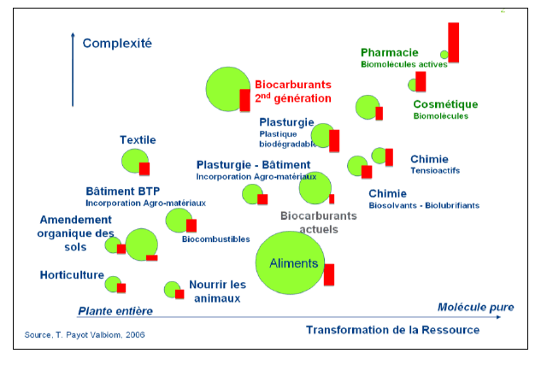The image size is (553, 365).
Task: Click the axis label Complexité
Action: coord(117,43)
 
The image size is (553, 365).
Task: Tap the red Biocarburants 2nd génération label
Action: coord(293,91)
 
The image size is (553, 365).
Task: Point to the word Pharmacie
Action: coord(391,51)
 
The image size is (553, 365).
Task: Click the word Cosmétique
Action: coord(445,104)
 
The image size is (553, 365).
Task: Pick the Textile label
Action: coord(138,139)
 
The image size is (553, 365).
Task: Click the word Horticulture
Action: coord(71,274)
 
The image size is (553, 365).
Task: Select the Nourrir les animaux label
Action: coord(217,291)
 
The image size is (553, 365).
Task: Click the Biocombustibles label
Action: coord(215,238)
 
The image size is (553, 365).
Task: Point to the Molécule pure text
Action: coord(475,307)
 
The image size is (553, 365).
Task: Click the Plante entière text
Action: coord(115,310)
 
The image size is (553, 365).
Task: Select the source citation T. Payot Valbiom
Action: coord(79,334)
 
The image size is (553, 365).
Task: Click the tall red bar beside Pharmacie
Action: coord(453,43)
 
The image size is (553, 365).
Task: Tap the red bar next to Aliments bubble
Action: coord(329,274)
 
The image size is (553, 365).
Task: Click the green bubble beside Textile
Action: coord(133,160)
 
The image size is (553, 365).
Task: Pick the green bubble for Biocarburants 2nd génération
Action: coord(226,88)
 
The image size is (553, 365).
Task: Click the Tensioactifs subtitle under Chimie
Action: coord(435,170)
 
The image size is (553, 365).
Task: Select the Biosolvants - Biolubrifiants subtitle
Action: coord(424,205)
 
